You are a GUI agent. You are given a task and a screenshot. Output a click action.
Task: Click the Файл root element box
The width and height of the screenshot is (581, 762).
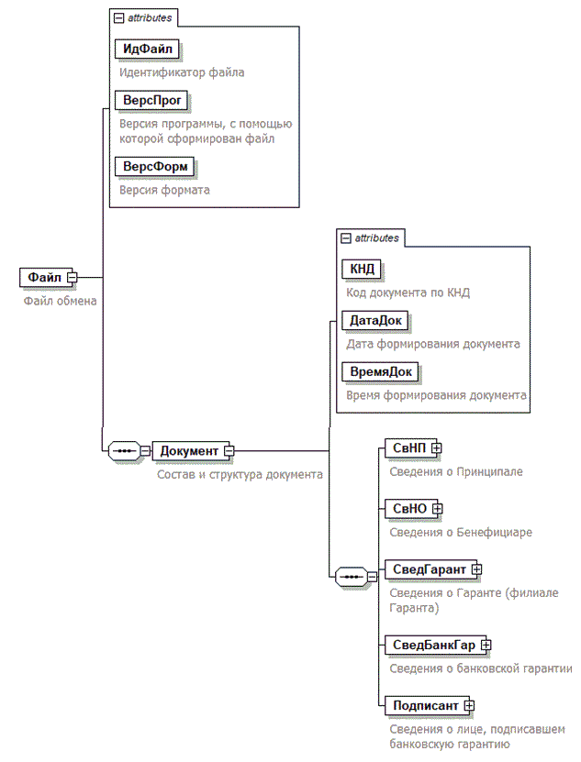point(43,277)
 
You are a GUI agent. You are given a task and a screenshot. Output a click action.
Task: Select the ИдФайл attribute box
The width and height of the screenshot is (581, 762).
point(145,49)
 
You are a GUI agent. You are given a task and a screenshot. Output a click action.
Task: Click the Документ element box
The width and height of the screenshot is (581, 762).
point(189,450)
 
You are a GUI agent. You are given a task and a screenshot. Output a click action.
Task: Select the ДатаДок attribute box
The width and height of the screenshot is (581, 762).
point(374,321)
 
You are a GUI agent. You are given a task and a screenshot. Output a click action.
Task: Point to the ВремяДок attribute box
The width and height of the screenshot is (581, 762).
point(380,371)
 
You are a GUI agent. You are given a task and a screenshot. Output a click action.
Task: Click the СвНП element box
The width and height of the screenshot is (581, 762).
point(408,447)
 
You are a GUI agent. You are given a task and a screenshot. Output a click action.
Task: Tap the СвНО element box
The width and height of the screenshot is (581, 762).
point(408,508)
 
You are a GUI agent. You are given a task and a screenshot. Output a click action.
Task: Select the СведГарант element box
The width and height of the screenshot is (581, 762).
point(428,569)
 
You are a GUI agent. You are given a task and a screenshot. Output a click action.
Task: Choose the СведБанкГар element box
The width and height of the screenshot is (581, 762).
point(433,645)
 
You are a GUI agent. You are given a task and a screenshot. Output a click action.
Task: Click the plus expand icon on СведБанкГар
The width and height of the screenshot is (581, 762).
point(486,645)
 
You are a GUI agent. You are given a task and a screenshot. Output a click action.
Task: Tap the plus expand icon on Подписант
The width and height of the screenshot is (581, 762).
point(468,705)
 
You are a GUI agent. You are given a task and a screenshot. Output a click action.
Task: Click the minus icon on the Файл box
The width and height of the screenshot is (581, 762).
point(71,277)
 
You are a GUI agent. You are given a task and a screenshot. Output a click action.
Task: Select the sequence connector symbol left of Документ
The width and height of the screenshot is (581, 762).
point(124,450)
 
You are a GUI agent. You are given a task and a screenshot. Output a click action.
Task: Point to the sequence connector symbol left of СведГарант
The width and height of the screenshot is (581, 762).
point(351,576)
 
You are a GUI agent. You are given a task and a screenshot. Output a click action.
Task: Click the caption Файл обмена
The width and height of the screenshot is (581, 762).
point(60,300)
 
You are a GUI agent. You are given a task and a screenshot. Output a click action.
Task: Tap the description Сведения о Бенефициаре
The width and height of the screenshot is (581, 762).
point(461,531)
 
